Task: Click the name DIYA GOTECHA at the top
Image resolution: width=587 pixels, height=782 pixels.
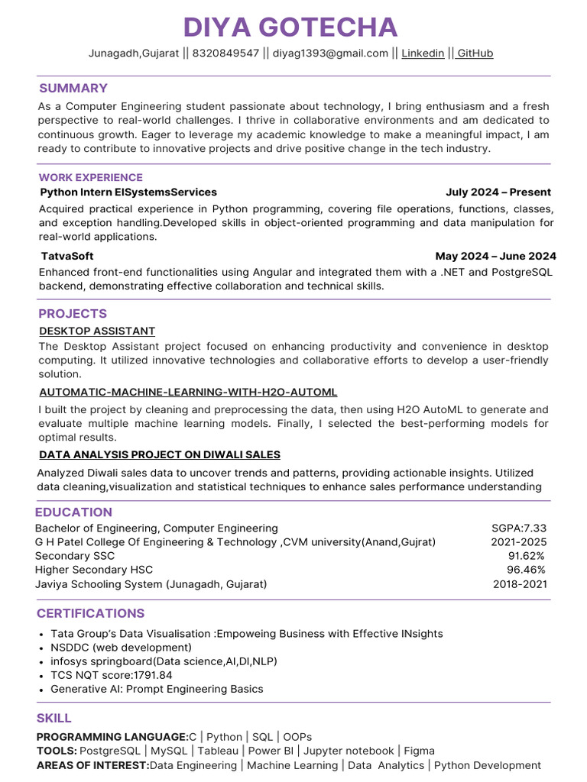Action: click(x=290, y=27)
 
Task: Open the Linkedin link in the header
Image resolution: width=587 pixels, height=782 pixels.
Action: click(x=423, y=53)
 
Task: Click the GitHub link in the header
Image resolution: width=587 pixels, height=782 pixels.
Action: click(x=475, y=53)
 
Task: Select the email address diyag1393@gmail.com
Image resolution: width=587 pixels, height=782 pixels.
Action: click(x=330, y=53)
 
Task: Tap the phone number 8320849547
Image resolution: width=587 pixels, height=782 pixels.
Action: click(x=225, y=53)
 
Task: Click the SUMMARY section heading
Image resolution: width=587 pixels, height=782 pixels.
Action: click(x=73, y=88)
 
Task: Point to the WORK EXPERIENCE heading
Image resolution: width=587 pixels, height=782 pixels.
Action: click(x=90, y=177)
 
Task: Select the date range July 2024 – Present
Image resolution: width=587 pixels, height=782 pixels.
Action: click(x=498, y=192)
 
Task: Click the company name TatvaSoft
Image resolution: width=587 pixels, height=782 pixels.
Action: click(x=66, y=257)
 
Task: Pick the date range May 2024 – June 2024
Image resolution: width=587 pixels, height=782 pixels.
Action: click(x=495, y=257)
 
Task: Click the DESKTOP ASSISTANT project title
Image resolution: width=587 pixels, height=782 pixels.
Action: click(x=97, y=331)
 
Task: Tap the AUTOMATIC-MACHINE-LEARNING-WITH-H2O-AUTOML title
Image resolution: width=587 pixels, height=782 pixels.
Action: click(x=188, y=393)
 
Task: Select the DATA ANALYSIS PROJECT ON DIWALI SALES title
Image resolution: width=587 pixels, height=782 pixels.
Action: click(x=160, y=455)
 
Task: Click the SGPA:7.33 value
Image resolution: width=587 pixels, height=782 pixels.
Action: click(x=519, y=528)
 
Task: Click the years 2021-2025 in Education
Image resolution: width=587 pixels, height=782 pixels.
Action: click(x=519, y=542)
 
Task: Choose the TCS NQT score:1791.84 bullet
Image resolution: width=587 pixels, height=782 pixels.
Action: click(x=112, y=675)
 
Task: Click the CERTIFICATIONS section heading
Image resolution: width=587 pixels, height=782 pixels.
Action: click(x=90, y=613)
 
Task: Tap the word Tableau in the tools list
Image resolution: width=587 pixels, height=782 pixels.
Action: click(x=218, y=751)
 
